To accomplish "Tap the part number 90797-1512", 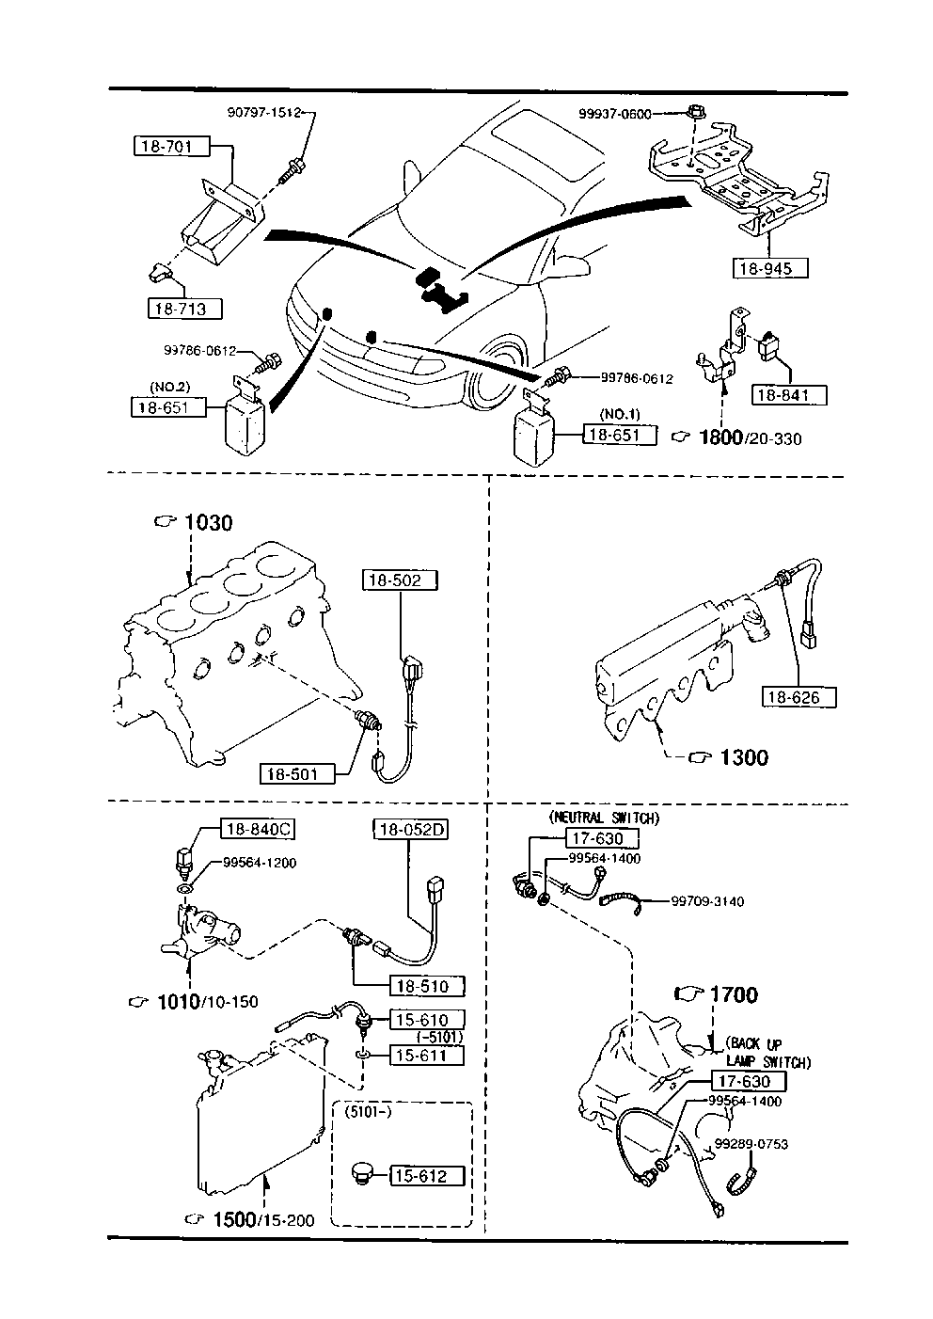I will [263, 112].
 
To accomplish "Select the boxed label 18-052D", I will [410, 829].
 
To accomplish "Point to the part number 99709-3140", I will [706, 901].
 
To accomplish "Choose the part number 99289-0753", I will [750, 1144].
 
